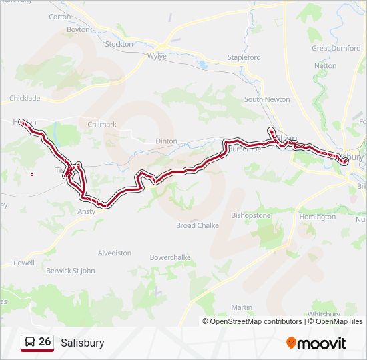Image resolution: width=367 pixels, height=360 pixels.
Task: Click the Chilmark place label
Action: coord(102,125)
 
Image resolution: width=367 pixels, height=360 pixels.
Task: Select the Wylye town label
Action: coord(157,57)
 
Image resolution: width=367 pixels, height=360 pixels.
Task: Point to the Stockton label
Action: coord(119,44)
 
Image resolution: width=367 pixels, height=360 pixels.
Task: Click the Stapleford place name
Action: coord(244,58)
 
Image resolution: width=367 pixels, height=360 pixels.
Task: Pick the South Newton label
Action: coord(267,99)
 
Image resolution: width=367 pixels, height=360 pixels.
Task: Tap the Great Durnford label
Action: coord(336,48)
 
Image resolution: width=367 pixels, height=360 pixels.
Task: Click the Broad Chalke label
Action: coord(198,225)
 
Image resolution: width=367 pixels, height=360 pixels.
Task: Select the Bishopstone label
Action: coord(251,216)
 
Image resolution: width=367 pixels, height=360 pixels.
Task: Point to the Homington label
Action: coord(318,217)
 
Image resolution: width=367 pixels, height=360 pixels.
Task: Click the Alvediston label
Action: coord(115,253)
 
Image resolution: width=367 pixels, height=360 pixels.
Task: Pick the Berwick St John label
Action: coord(71,271)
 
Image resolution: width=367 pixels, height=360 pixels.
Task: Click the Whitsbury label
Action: coord(325,314)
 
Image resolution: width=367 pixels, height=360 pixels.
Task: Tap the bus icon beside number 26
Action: coord(30,342)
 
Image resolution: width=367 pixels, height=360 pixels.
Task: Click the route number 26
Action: coord(45,342)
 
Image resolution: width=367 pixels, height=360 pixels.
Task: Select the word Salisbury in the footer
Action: coord(83,343)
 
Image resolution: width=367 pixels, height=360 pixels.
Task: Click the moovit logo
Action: coord(316,343)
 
